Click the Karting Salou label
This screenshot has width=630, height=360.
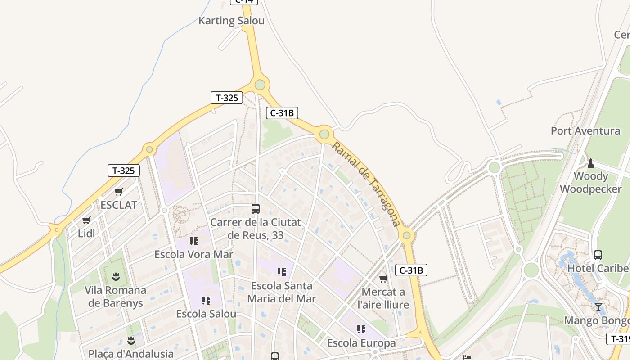[231, 21]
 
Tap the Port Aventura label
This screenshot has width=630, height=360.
[585, 131]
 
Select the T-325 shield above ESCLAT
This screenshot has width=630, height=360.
[123, 171]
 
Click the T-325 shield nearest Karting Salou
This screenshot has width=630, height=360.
[227, 97]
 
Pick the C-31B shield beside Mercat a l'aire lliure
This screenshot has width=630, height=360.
[411, 270]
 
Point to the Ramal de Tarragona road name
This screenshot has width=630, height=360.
[366, 184]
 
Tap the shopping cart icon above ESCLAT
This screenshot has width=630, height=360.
[119, 192]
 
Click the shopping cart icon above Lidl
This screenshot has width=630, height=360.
[86, 220]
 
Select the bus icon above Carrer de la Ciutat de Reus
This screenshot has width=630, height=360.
[255, 208]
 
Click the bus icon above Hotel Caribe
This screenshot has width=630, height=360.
[598, 255]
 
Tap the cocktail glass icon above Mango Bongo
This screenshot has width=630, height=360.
[598, 307]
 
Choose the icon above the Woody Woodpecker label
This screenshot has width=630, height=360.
[591, 163]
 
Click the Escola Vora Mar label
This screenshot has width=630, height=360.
[193, 254]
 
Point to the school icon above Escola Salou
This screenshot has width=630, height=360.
[206, 300]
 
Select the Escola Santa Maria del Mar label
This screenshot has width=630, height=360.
[282, 292]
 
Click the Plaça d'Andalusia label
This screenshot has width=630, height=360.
[131, 354]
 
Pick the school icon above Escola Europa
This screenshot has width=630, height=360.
[361, 329]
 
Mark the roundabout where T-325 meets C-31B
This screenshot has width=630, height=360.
[260, 85]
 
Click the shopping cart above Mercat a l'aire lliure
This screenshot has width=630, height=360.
[383, 279]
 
